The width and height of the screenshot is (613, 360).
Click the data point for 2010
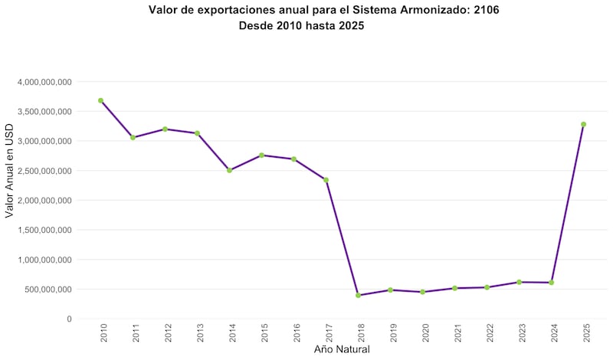pos(100,100)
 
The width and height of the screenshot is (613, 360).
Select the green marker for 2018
pos(358,295)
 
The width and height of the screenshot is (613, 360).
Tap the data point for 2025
pos(583,124)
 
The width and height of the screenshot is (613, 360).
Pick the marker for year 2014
pos(229,170)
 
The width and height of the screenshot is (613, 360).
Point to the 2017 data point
pos(326,180)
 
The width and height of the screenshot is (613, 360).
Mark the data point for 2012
pos(165,129)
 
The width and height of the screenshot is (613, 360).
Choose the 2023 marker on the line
pos(519,282)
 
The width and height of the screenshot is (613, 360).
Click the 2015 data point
pos(261,155)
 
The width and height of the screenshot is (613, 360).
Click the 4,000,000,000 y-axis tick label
pos(44,82)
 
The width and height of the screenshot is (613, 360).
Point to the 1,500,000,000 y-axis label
pos(44,230)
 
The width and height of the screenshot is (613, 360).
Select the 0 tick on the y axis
pos(69,319)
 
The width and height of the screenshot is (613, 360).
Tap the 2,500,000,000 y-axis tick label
pos(44,171)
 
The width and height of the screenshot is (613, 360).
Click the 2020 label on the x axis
pos(422,332)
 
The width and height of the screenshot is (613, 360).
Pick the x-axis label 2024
pos(551,332)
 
